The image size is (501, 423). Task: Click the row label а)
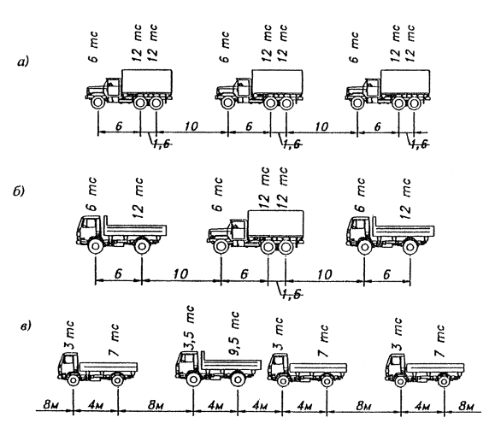[23, 62]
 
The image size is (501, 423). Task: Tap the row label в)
[26, 326]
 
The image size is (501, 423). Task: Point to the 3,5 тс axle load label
[189, 329]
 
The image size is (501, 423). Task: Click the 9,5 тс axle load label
[235, 334]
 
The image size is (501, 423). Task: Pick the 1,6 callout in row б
[292, 294]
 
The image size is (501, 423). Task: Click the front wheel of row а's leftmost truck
[97, 103]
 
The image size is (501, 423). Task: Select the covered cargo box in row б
[276, 224]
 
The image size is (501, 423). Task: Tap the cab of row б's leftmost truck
[88, 227]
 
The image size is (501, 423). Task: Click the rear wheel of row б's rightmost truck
[410, 248]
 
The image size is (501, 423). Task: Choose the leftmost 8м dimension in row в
[51, 405]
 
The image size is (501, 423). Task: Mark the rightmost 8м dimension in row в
[466, 407]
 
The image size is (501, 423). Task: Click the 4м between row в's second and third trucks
[260, 406]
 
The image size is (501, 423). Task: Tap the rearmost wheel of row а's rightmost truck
[414, 103]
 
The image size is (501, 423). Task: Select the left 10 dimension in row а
[191, 126]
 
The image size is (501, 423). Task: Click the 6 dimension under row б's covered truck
[245, 274]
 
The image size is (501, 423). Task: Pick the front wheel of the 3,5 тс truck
[193, 379]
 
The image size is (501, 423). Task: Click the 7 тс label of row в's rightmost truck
[440, 341]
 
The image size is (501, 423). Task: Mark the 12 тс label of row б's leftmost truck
[138, 198]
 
